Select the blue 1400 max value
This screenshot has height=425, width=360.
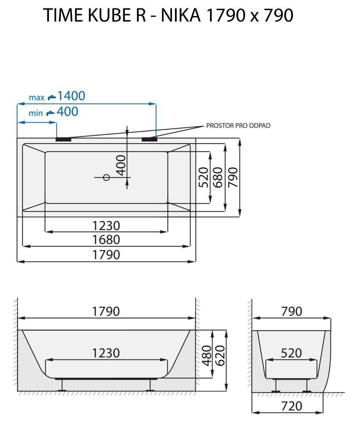coord(71,96)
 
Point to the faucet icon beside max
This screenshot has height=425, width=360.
coord(52,97)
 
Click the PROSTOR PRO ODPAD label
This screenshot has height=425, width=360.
coord(238,125)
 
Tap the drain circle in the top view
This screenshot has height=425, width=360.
coord(106,177)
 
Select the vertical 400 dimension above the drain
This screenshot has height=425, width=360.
coord(121,165)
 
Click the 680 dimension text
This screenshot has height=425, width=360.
coord(218,177)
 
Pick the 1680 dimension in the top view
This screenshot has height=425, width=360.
coord(106,240)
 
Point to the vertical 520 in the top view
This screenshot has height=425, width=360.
coord(204,177)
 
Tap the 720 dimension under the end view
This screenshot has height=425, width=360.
coord(291,406)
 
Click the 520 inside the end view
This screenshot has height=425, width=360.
coord(291,353)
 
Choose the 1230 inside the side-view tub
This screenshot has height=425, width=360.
coord(106,353)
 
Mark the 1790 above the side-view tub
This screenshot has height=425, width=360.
coord(106,311)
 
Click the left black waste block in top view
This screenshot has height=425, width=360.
coord(63,139)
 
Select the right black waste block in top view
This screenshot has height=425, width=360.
coord(149,139)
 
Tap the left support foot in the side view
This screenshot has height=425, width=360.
coord(62,385)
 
